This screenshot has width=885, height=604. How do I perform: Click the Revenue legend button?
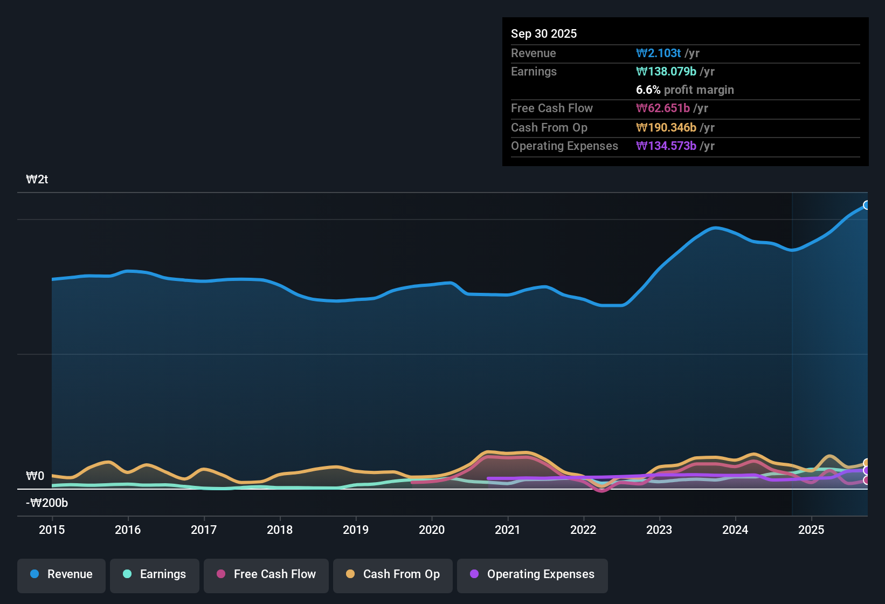pyautogui.click(x=61, y=574)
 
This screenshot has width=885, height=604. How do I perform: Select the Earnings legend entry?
pyautogui.click(x=155, y=574)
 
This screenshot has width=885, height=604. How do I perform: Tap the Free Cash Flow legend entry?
pyautogui.click(x=266, y=574)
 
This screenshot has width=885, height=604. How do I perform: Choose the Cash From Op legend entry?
pyautogui.click(x=393, y=574)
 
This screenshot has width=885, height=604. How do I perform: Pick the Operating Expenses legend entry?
pyautogui.click(x=533, y=574)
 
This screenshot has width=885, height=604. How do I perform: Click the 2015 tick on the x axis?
pyautogui.click(x=52, y=530)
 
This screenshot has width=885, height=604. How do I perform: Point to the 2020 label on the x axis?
pyautogui.click(x=432, y=530)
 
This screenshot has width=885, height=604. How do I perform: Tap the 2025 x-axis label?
pyautogui.click(x=811, y=530)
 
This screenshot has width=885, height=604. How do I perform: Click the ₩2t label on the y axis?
pyautogui.click(x=37, y=180)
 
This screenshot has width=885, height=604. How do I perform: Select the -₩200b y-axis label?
pyautogui.click(x=47, y=503)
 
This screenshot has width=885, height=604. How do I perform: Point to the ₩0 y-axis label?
pyautogui.click(x=35, y=476)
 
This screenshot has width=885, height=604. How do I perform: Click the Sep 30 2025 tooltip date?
pyautogui.click(x=544, y=34)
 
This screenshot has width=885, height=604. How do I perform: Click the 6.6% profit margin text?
pyautogui.click(x=685, y=90)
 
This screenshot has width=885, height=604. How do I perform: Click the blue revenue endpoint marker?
pyautogui.click(x=866, y=205)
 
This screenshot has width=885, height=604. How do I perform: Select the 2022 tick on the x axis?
pyautogui.click(x=583, y=530)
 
